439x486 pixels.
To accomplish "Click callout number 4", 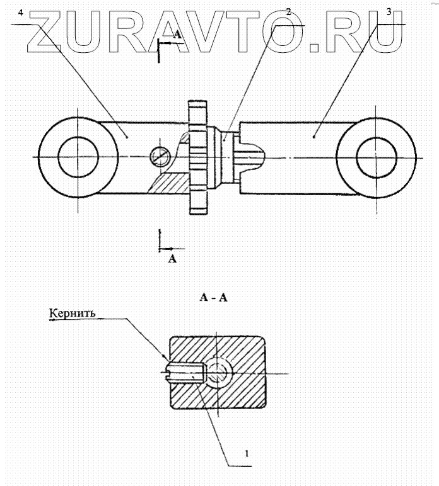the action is (x=21, y=13).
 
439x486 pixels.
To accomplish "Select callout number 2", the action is (x=288, y=12).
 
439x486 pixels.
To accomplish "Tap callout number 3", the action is (x=389, y=12).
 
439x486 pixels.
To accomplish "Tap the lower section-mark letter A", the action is (x=172, y=258).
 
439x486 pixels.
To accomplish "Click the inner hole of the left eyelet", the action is (x=78, y=155).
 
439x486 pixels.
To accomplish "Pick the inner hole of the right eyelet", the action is (x=377, y=155).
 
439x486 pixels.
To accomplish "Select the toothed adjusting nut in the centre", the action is (x=199, y=156).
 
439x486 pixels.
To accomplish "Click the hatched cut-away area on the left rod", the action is (x=167, y=183).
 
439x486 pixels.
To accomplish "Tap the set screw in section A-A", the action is (x=184, y=372).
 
